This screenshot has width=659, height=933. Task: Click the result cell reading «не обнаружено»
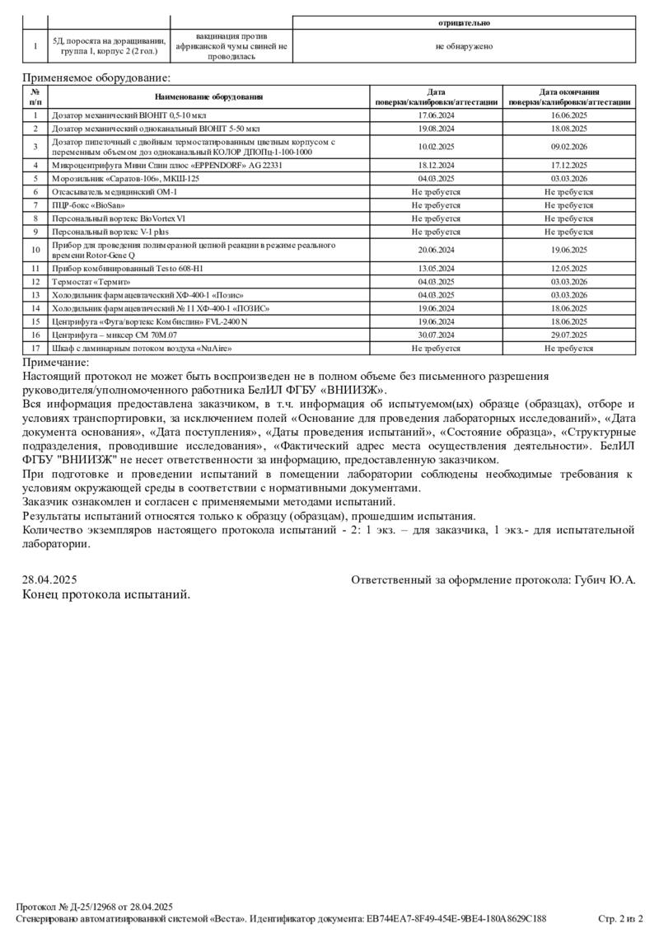pos(464,46)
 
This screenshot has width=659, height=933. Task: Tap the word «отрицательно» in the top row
pos(464,23)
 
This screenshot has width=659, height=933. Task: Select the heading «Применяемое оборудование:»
pos(96,77)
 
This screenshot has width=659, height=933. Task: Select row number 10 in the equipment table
pos(35,250)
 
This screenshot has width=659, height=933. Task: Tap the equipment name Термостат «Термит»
pos(88,282)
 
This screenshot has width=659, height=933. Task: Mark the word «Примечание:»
pos(56,363)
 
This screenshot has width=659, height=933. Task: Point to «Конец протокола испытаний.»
pos(106,594)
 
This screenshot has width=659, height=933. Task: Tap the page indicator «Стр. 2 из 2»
pos(620,918)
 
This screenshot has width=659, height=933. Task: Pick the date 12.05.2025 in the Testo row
pos(568,269)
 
